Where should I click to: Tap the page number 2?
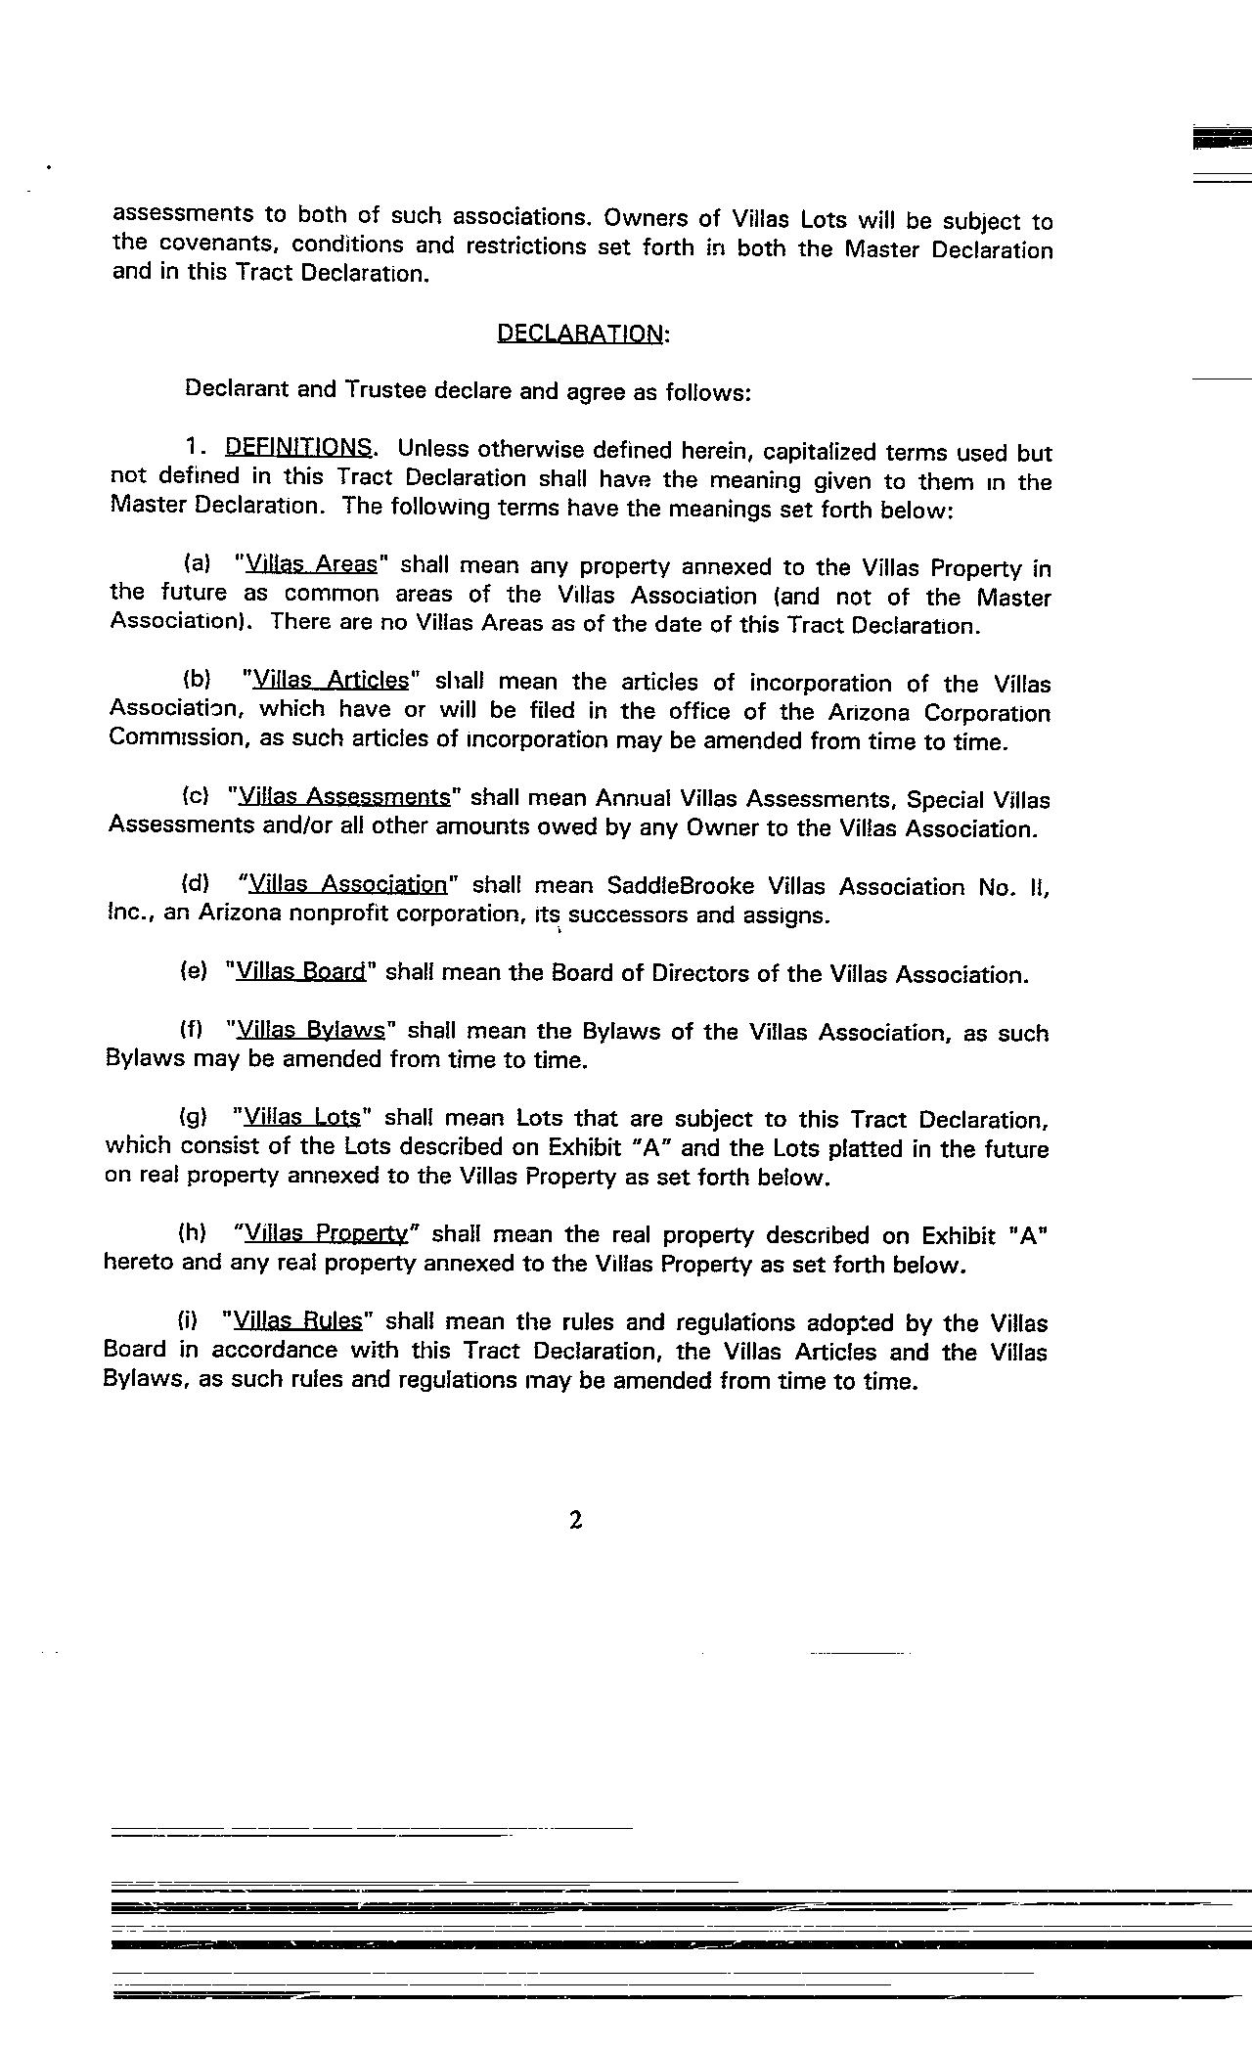click(x=575, y=1519)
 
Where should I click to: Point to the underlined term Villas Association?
click(x=347, y=884)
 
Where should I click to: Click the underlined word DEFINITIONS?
click(x=298, y=448)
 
